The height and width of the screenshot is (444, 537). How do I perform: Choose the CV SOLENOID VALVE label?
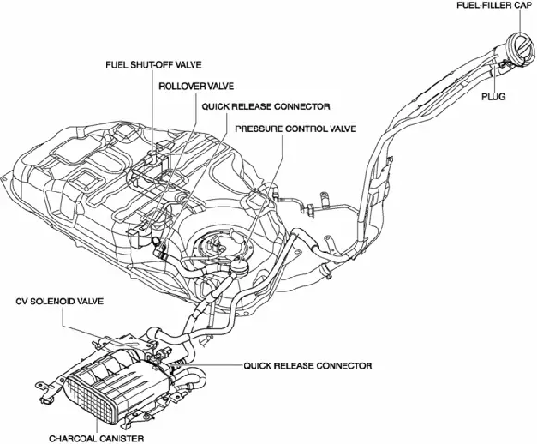pyautogui.click(x=56, y=302)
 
